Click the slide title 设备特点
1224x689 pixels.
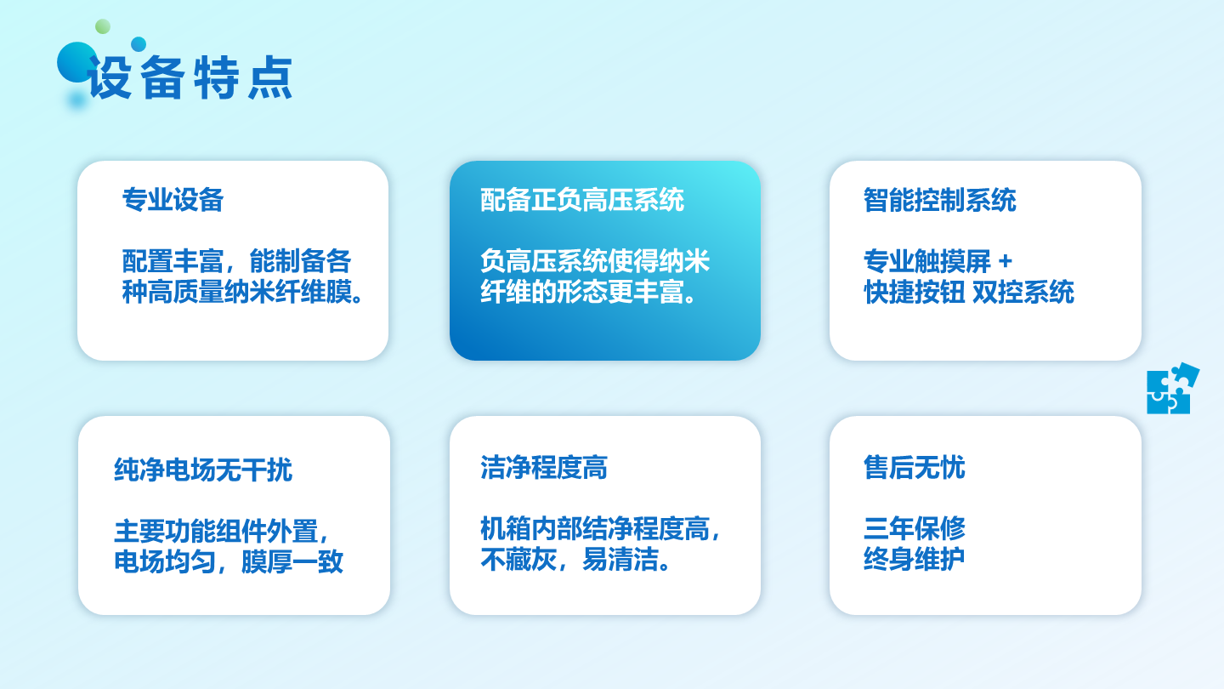tap(190, 77)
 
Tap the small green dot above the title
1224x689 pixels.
tap(103, 26)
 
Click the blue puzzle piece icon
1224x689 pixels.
tap(1172, 389)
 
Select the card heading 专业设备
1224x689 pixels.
tap(173, 200)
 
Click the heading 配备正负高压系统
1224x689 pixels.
tap(582, 200)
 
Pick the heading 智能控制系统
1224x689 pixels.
tap(940, 200)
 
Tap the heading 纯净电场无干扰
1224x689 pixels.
tap(203, 470)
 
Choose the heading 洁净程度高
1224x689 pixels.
tap(544, 468)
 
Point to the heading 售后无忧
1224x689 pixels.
tap(915, 468)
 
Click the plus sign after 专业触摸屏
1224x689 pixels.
tap(1005, 261)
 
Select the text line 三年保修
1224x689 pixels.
tap(915, 528)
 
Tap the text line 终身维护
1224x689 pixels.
tap(915, 559)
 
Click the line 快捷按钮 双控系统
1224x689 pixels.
tap(969, 292)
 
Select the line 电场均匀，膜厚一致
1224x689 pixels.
tap(229, 561)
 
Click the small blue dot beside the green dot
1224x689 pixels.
tap(139, 43)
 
